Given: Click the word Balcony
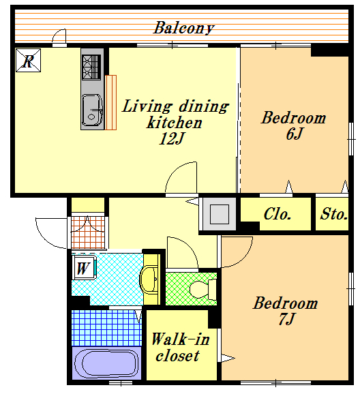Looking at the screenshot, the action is coord(183,28).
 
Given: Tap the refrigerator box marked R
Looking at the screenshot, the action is coord(28,60).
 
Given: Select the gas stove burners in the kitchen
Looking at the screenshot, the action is coord(91,67).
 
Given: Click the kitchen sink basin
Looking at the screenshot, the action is coord(92,110).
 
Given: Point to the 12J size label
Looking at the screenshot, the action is coord(172,138).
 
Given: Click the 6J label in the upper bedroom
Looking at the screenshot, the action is coord(294,134).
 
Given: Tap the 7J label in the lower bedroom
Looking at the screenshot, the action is coord(286,319).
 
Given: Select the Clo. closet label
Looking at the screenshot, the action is coord(277,214).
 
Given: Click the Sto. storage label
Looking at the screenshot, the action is coord(333,214).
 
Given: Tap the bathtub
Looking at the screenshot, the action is coord(106,363).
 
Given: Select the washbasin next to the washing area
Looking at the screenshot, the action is coord(149,279).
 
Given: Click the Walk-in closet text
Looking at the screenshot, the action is coord(180,347).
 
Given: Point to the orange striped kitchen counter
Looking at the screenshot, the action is coord(110,102).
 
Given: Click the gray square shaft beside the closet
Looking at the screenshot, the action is coord(220,214).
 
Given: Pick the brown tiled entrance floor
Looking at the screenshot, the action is coord(88,232).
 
